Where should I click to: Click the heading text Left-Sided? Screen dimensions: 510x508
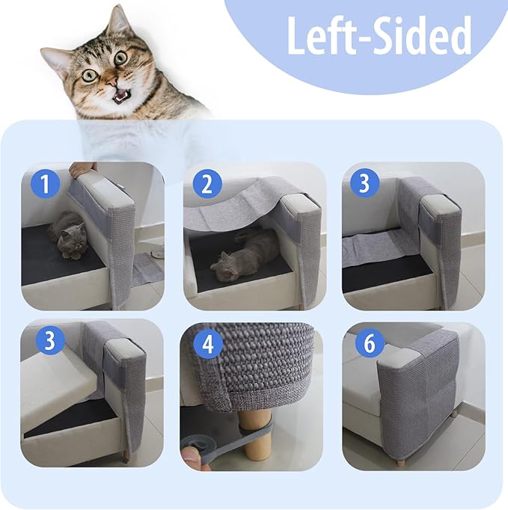[379, 35]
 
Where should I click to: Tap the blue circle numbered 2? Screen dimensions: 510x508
[206, 183]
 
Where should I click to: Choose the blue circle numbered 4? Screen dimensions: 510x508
[206, 345]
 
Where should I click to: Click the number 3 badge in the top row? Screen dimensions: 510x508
[366, 183]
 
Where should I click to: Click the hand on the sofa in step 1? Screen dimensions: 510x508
[82, 169]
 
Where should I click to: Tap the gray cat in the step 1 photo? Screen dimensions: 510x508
[68, 235]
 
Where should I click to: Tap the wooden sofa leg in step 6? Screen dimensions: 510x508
[400, 462]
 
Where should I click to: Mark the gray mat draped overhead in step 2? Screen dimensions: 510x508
[228, 204]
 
